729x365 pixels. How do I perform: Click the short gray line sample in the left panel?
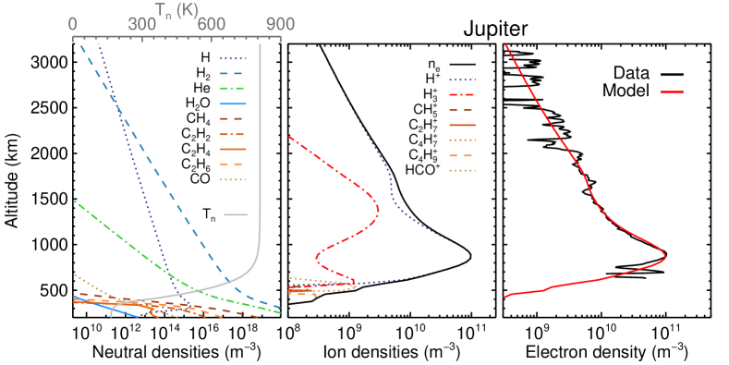[x=237, y=214]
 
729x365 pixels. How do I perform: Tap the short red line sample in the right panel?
[x=672, y=92]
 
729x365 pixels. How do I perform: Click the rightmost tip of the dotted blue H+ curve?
[x=470, y=257]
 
